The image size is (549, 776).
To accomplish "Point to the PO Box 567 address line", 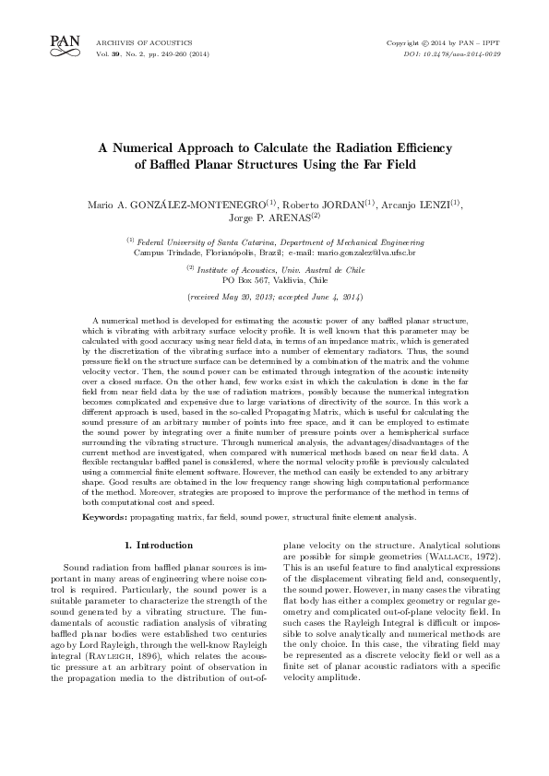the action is (275, 278).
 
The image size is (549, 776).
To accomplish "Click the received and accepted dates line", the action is (275, 299).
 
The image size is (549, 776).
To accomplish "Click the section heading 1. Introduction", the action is (157, 547).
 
